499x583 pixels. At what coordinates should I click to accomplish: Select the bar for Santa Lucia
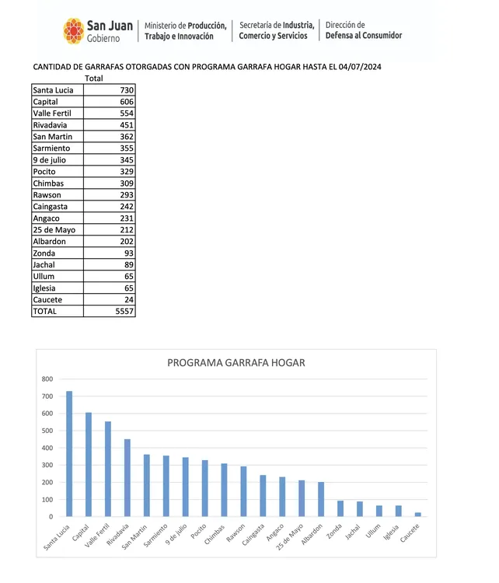(x=69, y=454)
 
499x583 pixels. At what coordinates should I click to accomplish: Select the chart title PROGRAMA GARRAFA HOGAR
(x=236, y=362)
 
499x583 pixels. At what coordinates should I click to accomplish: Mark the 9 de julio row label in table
(x=51, y=159)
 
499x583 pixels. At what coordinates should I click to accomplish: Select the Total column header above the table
(x=93, y=79)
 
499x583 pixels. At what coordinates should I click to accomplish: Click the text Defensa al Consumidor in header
(x=364, y=36)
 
